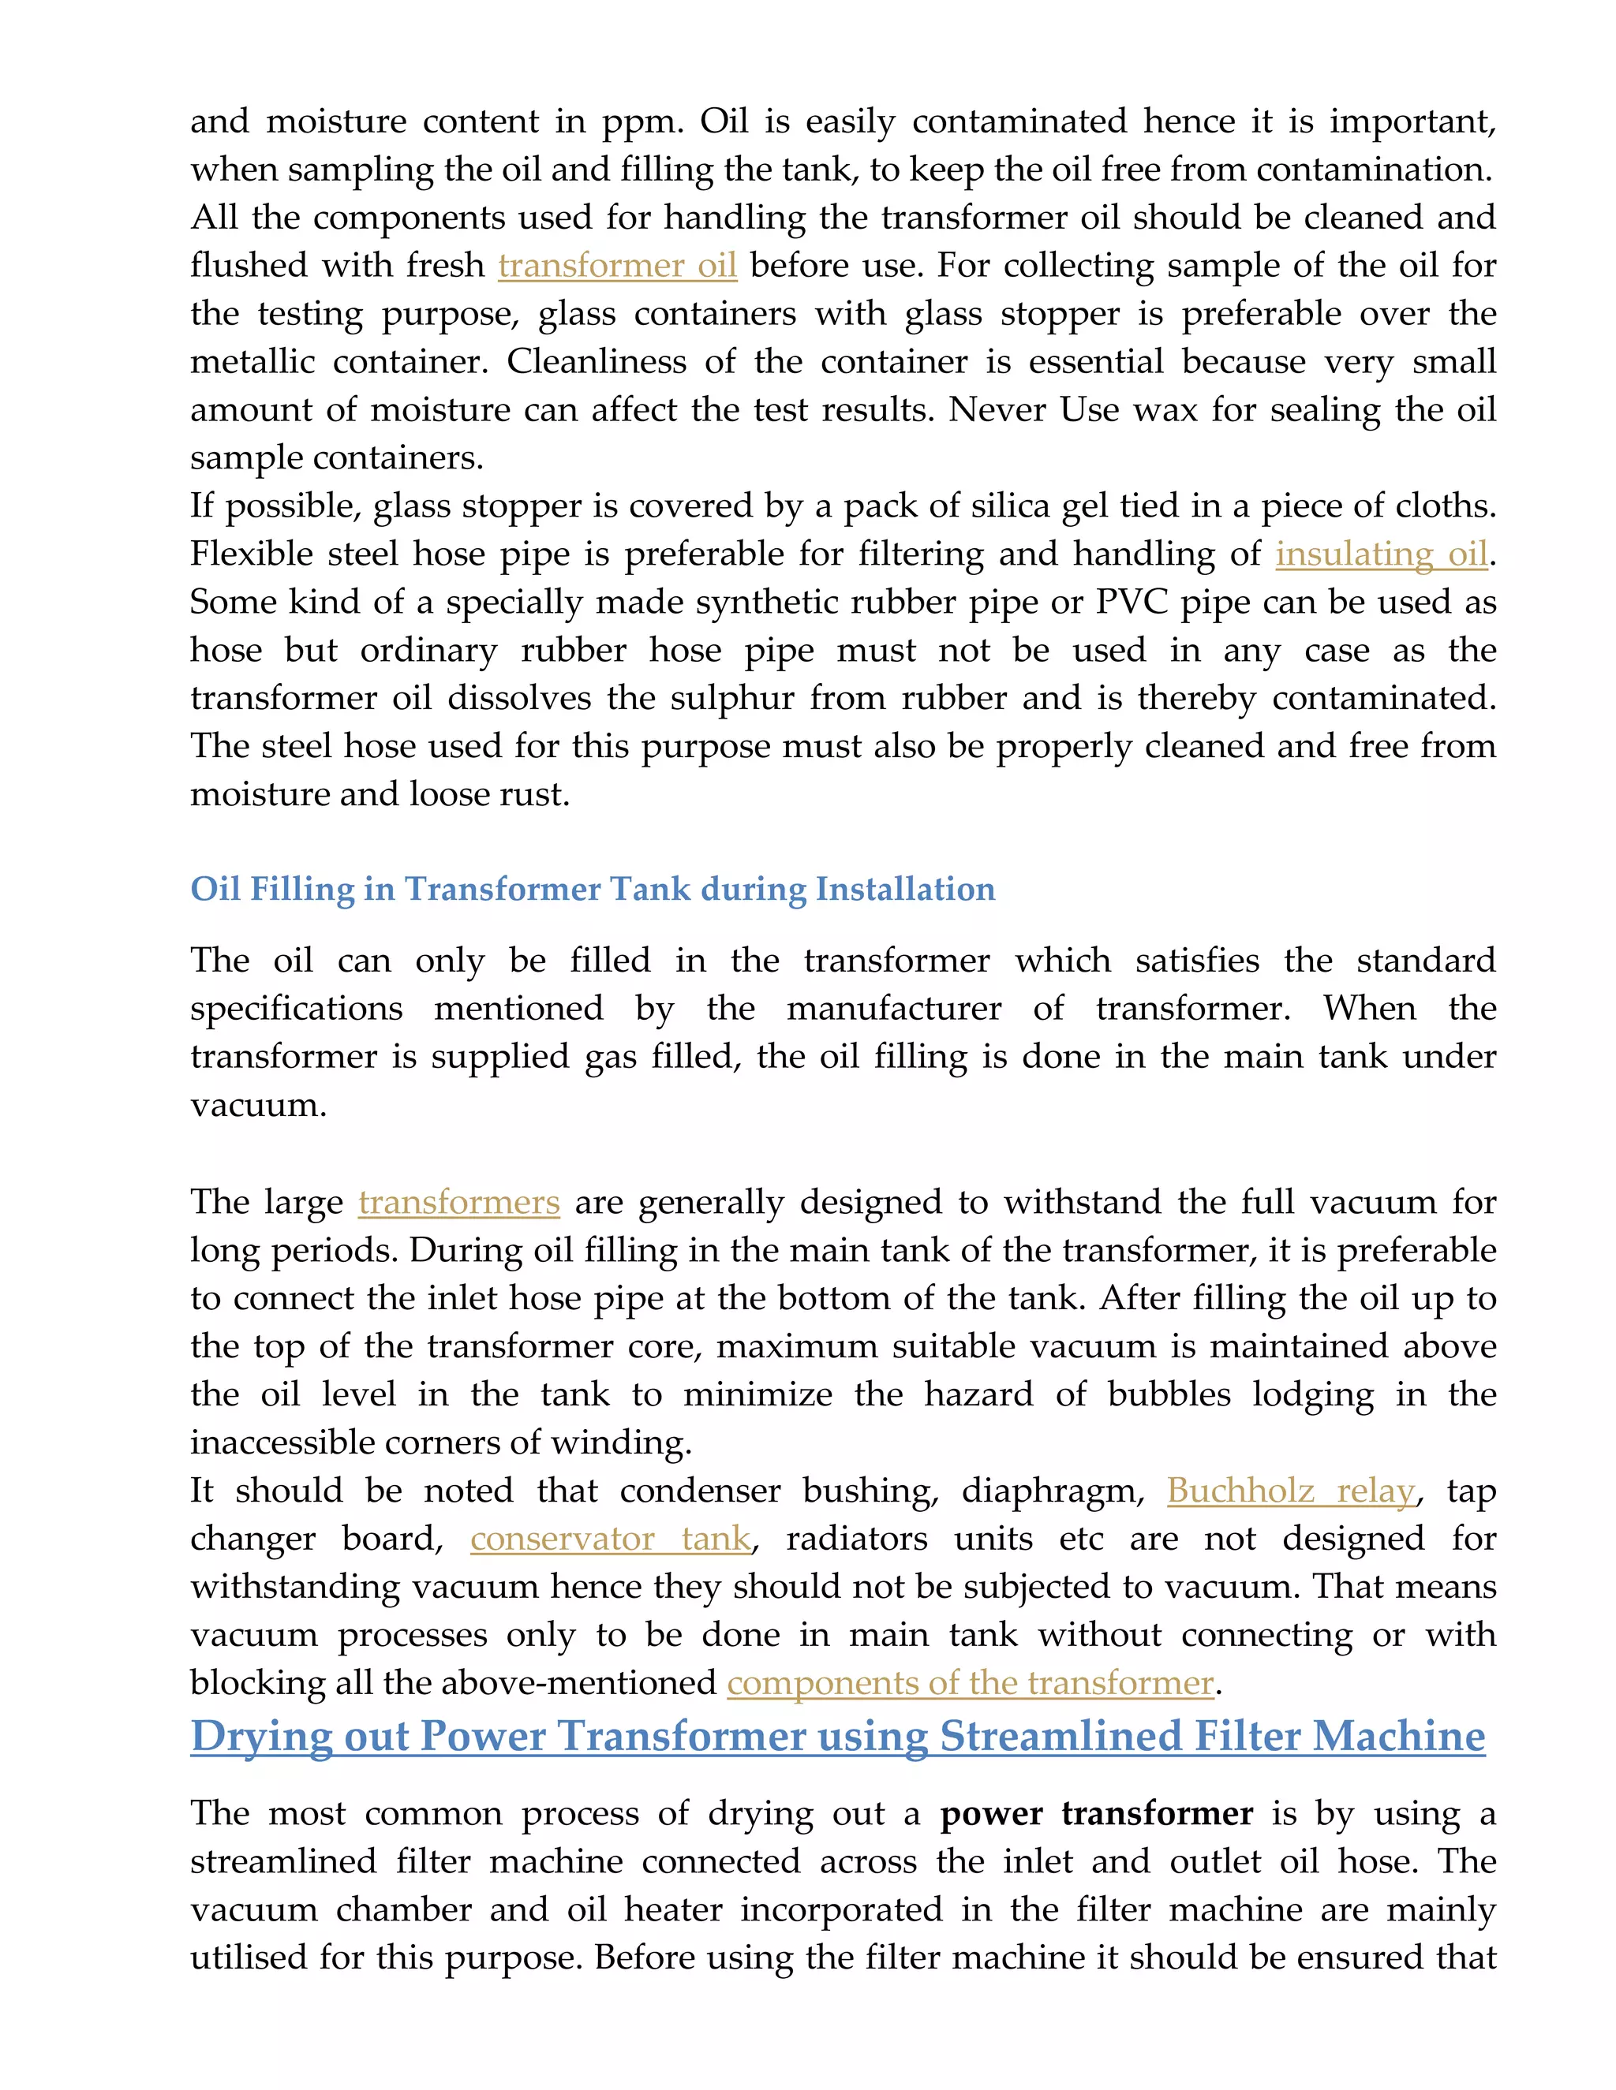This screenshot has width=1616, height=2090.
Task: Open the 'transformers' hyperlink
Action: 458,1202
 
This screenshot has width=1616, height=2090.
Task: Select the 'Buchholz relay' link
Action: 1289,1491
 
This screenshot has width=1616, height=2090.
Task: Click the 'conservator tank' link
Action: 610,1539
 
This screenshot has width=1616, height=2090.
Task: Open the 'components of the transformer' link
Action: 970,1682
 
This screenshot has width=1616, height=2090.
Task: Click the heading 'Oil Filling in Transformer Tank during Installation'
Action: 593,889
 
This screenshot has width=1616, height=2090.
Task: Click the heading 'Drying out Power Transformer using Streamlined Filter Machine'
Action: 838,1737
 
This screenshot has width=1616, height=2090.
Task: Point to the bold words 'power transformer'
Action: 1096,1813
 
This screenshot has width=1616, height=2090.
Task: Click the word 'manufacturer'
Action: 893,1009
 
